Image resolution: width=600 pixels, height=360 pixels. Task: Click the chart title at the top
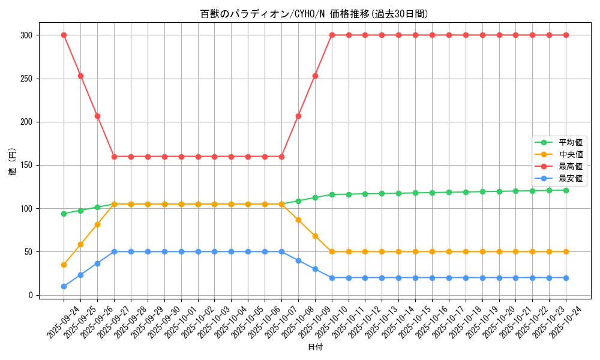314,14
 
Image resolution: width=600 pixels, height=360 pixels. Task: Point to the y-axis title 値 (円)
13,162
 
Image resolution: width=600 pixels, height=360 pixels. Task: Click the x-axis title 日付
315,347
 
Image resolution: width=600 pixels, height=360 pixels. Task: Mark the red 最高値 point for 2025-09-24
64,35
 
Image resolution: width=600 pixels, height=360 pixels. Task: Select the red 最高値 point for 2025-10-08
298,116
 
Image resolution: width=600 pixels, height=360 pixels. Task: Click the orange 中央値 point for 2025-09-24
64,265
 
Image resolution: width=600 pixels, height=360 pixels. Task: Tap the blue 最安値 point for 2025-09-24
64,286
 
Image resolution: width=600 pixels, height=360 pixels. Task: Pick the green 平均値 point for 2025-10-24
566,190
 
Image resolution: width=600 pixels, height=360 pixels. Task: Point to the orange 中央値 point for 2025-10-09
315,236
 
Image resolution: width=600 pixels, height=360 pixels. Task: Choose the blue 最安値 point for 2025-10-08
298,260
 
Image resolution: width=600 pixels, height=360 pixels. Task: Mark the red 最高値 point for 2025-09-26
97,116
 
